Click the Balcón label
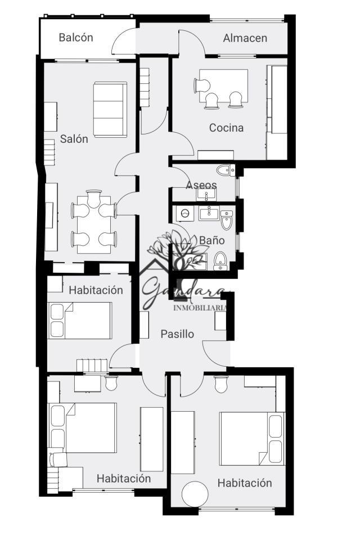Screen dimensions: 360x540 point(76,37)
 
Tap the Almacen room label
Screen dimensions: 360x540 point(245,38)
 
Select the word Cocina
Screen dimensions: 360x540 point(226,128)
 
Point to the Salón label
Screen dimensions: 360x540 point(74,139)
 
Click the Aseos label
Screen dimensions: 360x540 point(201,185)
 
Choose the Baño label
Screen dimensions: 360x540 point(212,240)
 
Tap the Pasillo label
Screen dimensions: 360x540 point(177,334)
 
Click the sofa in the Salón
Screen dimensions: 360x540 point(110,110)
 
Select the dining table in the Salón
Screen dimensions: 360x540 point(94,224)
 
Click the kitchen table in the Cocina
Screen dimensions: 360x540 point(223,85)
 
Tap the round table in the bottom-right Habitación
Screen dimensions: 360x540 point(195,493)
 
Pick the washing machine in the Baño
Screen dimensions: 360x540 point(184,214)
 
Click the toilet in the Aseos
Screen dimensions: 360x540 point(226,170)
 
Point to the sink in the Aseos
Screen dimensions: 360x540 point(206,195)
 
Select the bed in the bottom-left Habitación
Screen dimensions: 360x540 point(82,427)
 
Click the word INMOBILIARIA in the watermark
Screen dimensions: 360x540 point(200,308)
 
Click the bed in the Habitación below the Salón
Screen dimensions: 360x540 point(80,321)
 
